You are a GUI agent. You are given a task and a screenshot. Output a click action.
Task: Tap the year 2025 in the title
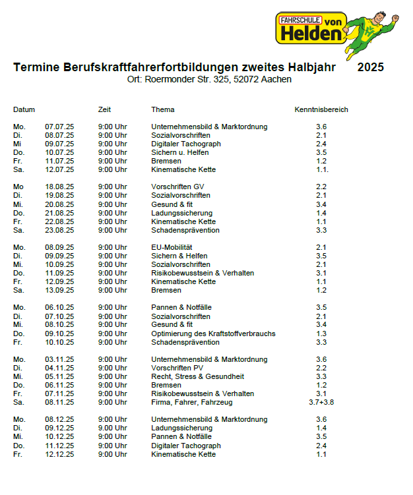click(370, 67)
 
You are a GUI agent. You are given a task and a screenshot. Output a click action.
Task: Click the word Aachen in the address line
click(276, 80)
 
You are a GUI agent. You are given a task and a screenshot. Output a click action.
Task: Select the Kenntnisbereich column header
click(321, 109)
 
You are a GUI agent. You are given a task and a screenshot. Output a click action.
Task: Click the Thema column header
click(163, 109)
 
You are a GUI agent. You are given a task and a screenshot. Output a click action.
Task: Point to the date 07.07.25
click(59, 127)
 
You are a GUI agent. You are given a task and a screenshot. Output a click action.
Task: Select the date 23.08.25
click(59, 230)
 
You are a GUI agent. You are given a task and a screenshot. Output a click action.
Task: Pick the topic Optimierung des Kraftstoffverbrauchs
click(213, 334)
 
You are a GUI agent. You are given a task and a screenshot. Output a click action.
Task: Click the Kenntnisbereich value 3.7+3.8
click(321, 402)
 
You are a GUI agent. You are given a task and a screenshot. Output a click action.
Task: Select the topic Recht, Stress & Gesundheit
click(197, 376)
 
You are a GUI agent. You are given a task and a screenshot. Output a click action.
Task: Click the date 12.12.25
click(59, 454)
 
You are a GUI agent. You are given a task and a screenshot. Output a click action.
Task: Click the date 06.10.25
click(59, 307)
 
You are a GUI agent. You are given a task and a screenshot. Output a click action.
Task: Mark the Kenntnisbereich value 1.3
click(321, 334)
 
